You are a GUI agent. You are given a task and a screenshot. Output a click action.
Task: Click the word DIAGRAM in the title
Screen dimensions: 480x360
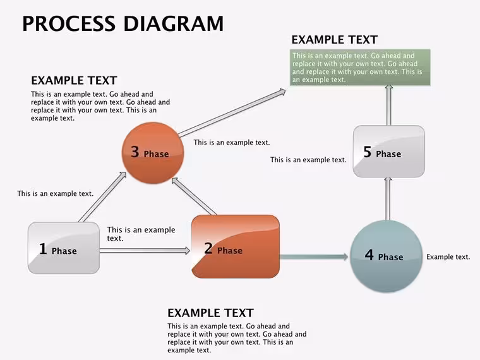pyautogui.click(x=173, y=23)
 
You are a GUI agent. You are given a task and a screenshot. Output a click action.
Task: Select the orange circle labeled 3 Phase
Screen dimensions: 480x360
pyautogui.click(x=153, y=153)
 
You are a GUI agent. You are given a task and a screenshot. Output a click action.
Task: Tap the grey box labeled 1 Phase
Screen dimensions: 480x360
pyautogui.click(x=64, y=248)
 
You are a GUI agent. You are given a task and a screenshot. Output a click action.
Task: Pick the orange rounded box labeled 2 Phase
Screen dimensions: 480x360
pyautogui.click(x=236, y=246)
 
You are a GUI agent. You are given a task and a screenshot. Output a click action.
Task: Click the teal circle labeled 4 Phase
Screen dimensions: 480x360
pyautogui.click(x=387, y=256)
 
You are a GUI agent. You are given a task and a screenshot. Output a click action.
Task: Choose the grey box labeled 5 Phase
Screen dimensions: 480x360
pyautogui.click(x=389, y=151)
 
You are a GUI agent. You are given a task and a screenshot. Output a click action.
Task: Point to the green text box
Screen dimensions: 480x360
pyautogui.click(x=360, y=68)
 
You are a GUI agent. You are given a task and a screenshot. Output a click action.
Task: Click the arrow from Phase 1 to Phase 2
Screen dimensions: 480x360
pyautogui.click(x=145, y=251)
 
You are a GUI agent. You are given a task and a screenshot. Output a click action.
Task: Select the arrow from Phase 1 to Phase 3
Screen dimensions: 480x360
pyautogui.click(x=102, y=197)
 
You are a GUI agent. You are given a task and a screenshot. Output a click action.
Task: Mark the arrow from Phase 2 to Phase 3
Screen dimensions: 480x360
pyautogui.click(x=194, y=196)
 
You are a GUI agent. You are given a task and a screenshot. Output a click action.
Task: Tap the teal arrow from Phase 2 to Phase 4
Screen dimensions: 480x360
pyautogui.click(x=314, y=256)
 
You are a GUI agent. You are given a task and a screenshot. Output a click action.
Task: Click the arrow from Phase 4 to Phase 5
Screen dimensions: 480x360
pyautogui.click(x=388, y=198)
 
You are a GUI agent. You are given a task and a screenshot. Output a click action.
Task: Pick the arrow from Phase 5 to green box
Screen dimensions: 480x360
pyautogui.click(x=389, y=105)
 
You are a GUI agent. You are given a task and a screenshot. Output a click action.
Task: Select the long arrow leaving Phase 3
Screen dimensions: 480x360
pyautogui.click(x=232, y=112)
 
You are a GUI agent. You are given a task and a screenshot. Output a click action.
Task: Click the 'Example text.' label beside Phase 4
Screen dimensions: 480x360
pyautogui.click(x=448, y=257)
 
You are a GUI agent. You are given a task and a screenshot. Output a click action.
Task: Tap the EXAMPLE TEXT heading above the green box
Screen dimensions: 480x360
pyautogui.click(x=335, y=40)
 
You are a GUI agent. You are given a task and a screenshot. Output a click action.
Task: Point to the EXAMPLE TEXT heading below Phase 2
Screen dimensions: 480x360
pyautogui.click(x=210, y=313)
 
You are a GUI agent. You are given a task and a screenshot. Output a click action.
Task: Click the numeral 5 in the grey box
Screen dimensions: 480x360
pyautogui.click(x=368, y=152)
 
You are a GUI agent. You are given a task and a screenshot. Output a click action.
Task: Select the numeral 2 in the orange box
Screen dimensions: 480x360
pyautogui.click(x=208, y=248)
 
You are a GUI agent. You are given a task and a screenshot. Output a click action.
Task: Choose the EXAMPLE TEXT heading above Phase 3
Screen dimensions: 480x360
pyautogui.click(x=74, y=80)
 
